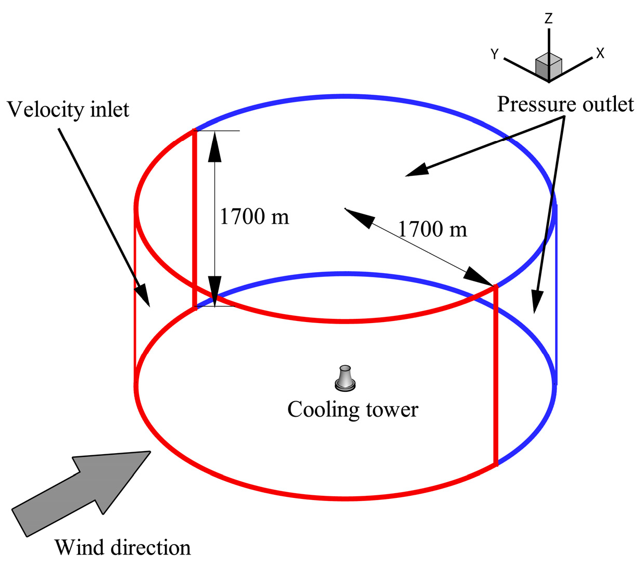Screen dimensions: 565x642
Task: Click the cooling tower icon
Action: tap(345, 378)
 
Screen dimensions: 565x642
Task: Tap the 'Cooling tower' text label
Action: tap(353, 409)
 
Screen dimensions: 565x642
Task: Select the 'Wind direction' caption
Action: tap(123, 547)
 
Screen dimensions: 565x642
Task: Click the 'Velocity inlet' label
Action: tap(68, 110)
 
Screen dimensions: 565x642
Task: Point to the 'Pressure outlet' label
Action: tap(565, 104)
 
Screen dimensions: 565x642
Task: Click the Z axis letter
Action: tap(548, 19)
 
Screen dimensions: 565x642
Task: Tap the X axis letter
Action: tap(600, 53)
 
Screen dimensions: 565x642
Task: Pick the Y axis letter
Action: tap(495, 54)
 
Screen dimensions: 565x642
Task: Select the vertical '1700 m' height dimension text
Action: tap(254, 216)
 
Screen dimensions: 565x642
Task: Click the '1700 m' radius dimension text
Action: tap(433, 229)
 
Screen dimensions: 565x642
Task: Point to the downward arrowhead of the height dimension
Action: tap(215, 291)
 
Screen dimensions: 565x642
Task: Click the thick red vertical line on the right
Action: tap(495, 375)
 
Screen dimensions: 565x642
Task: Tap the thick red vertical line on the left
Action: tap(195, 219)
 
